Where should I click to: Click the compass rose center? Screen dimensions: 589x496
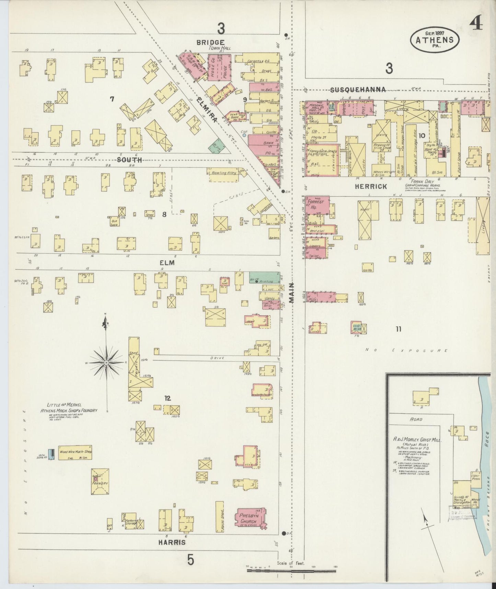(106, 363)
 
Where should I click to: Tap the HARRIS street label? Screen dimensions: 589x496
(172, 542)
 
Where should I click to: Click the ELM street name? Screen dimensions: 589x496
(167, 263)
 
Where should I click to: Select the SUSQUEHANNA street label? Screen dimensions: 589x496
(358, 90)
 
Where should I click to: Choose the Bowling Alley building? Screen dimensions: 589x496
(223, 173)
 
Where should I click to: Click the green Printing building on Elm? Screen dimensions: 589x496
(264, 277)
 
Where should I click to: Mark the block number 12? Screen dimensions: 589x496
(167, 398)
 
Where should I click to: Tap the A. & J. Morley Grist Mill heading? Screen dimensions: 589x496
(417, 440)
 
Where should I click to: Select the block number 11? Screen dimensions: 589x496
(398, 329)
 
